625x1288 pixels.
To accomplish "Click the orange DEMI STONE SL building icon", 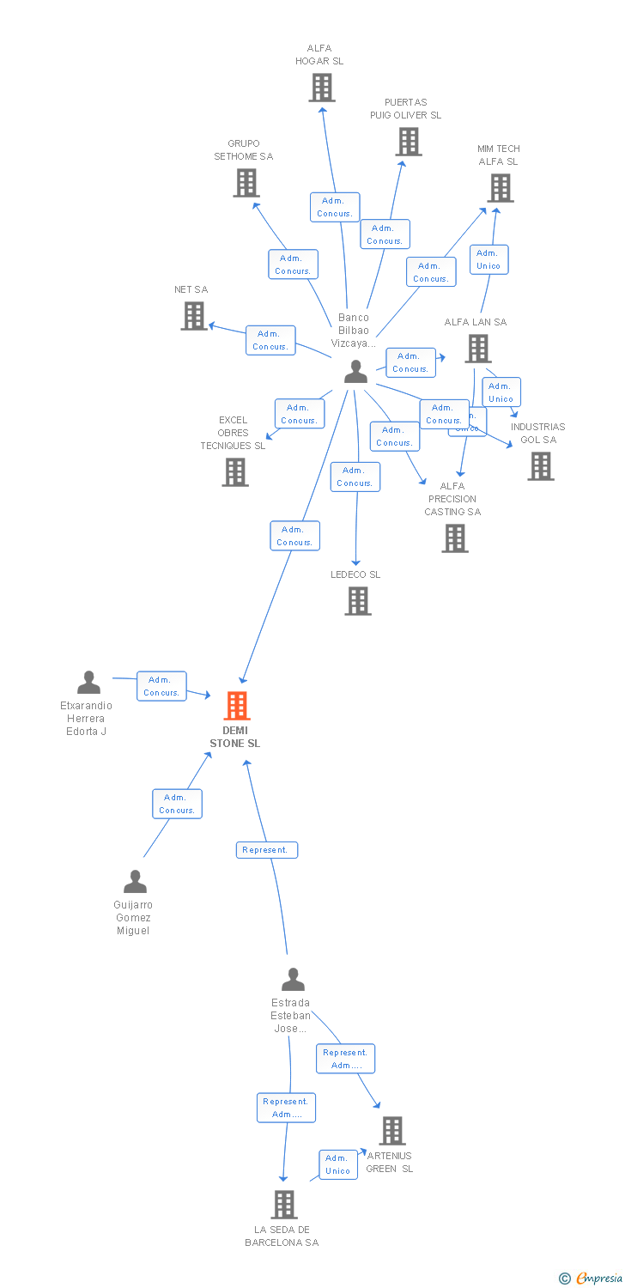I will [x=236, y=706].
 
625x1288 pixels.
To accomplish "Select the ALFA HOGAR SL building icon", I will [x=322, y=88].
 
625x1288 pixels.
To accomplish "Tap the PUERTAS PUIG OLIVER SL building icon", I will [x=409, y=142].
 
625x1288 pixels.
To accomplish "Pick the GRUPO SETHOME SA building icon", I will [x=246, y=183].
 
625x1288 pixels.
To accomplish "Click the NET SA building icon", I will [x=195, y=316].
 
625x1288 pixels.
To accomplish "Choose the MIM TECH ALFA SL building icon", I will [x=501, y=188].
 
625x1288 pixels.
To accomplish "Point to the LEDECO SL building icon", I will [x=358, y=601].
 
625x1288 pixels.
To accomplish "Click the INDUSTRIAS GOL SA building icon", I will [x=541, y=466].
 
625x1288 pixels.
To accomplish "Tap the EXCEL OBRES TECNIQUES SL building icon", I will [x=235, y=472].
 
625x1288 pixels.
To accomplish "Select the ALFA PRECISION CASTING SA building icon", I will [x=455, y=538].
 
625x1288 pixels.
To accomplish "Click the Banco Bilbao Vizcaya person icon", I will [x=355, y=372].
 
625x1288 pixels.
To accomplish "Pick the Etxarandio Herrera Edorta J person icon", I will [x=88, y=683].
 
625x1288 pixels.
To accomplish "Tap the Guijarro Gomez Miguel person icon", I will [x=135, y=882].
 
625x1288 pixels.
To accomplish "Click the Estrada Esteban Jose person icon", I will [x=293, y=980].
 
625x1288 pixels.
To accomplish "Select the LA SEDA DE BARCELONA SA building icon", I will [x=284, y=1205].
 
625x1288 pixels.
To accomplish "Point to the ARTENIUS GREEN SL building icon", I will [x=392, y=1131].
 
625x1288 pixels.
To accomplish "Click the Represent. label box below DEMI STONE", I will [x=267, y=850].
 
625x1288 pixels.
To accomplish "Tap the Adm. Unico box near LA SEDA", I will [x=338, y=1164].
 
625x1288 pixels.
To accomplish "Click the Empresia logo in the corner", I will [x=592, y=1279].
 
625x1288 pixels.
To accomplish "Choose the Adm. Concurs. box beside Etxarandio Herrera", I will [x=161, y=686].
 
